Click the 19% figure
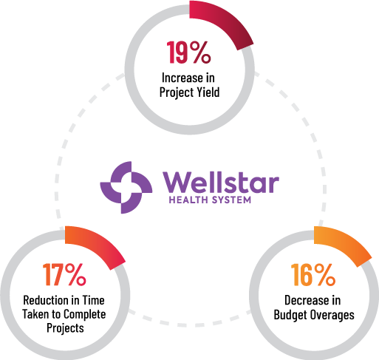click(188, 52)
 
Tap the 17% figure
click(64, 274)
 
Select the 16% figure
click(313, 274)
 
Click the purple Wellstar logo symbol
click(126, 188)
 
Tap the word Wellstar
click(221, 183)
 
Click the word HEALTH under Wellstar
click(188, 200)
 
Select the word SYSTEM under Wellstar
click(231, 200)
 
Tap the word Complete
click(85, 315)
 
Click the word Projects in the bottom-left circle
click(65, 328)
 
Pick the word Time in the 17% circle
click(93, 300)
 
